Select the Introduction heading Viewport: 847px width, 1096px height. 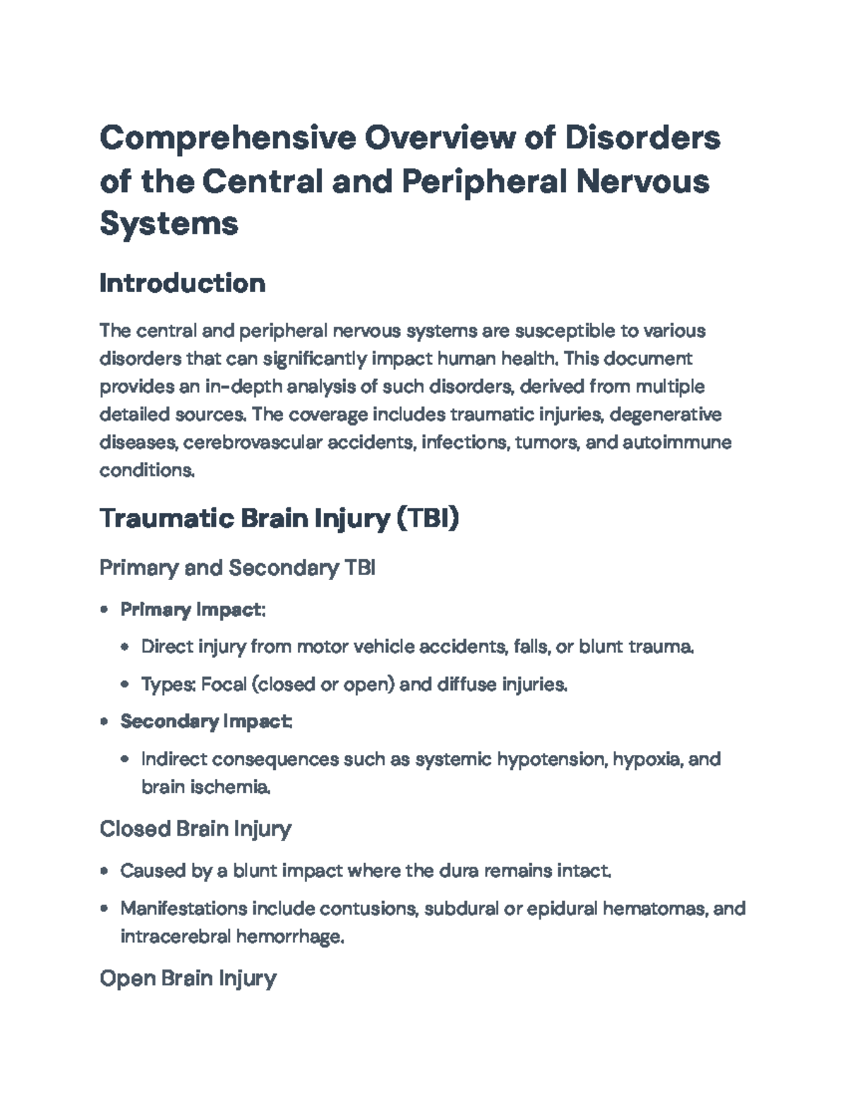182,283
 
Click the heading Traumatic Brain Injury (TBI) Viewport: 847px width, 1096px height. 279,519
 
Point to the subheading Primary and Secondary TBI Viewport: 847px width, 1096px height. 237,567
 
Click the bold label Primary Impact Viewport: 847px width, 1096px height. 192,610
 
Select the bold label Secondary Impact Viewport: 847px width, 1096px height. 205,721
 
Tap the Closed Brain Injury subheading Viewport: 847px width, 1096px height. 196,829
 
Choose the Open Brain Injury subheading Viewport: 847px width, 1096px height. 188,978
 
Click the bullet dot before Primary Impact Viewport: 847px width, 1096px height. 104,610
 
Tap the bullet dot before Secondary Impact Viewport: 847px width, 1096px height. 104,722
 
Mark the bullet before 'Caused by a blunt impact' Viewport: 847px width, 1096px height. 104,872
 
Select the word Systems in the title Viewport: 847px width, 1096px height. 169,224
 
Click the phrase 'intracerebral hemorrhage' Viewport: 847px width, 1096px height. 232,937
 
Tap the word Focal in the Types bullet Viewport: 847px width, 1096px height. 223,685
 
